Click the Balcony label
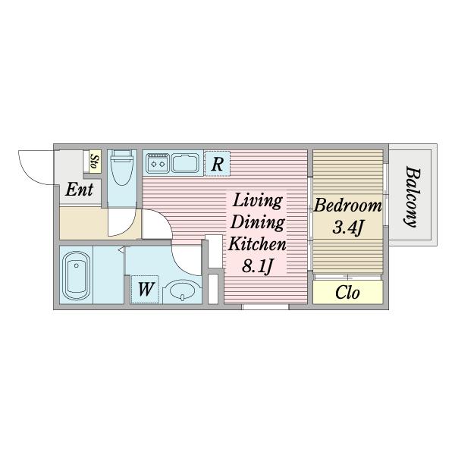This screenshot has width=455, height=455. tap(413, 196)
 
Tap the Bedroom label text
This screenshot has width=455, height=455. tap(347, 206)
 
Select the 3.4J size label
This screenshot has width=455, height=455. tap(347, 227)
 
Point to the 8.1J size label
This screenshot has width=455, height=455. tap(257, 265)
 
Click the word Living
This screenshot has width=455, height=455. tap(257, 201)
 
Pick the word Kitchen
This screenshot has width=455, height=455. tap(257, 244)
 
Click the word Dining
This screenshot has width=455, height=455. tap(257, 223)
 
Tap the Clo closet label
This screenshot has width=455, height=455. tap(347, 293)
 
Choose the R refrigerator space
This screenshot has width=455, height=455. tap(218, 164)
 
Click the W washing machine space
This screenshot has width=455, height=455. tap(145, 290)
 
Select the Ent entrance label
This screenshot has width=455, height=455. tap(79, 190)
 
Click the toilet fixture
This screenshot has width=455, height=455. tap(122, 168)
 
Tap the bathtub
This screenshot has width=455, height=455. tap(76, 275)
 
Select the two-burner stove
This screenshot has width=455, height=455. tap(158, 163)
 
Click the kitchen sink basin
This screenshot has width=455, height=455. tap(185, 163)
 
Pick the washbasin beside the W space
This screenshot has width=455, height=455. tap(182, 290)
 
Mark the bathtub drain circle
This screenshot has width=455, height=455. tap(77, 265)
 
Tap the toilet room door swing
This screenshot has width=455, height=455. tap(127, 229)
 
